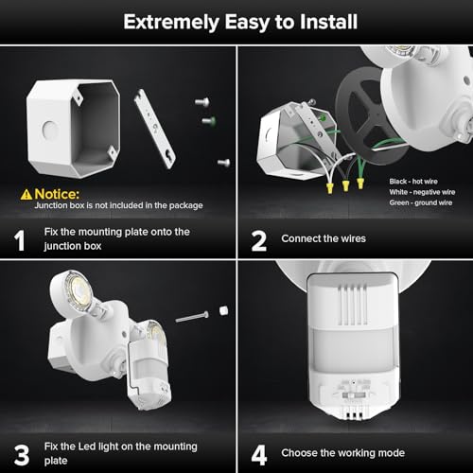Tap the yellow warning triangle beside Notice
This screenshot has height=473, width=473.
point(26,193)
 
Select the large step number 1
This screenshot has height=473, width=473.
point(19,239)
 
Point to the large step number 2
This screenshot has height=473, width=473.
point(258,238)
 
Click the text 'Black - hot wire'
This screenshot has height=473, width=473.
point(415,179)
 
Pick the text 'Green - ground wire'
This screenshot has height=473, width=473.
point(421,201)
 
